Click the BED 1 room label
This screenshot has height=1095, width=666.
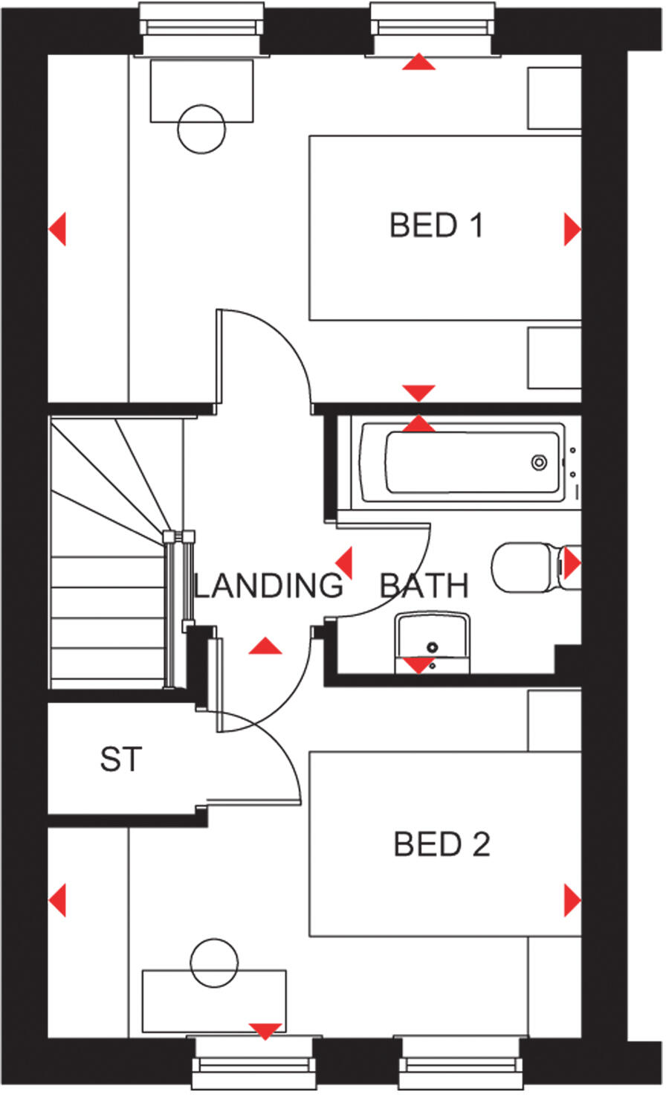point(436,225)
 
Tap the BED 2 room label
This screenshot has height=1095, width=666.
point(442,844)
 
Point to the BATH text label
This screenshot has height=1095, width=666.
point(424,586)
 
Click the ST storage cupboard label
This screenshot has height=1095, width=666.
point(120,760)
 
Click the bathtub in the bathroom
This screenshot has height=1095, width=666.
point(461,462)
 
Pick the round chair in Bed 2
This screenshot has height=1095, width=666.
point(213,963)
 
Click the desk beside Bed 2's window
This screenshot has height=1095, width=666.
point(214,1001)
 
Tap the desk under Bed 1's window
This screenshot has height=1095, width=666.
point(201,91)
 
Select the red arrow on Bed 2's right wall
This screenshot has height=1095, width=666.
point(572,900)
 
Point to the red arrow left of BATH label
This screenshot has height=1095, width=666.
point(344,563)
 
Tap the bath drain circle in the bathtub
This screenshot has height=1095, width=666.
point(538,462)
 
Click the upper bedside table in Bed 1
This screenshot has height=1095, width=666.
point(554,98)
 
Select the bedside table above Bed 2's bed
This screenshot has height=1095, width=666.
point(554,720)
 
